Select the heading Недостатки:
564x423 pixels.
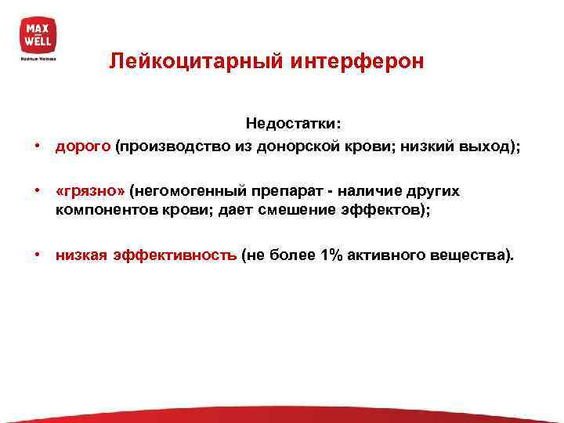(x=293, y=123)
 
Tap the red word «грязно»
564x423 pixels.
(x=89, y=191)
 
